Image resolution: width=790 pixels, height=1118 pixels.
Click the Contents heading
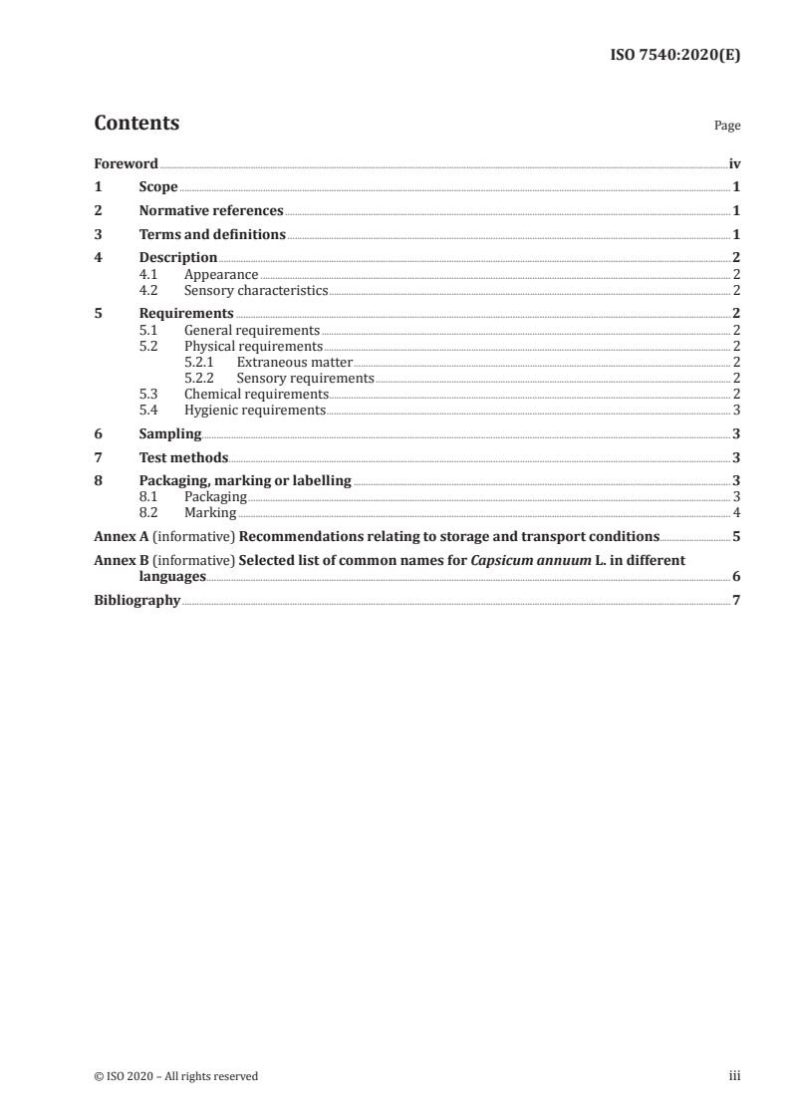tap(136, 124)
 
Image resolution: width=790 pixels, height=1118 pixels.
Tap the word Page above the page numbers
tap(727, 127)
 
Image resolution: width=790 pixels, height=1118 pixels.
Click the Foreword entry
tap(126, 163)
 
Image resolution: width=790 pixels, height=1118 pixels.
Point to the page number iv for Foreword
tap(734, 163)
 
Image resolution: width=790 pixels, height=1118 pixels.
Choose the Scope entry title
tap(158, 187)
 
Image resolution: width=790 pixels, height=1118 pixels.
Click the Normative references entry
tap(211, 211)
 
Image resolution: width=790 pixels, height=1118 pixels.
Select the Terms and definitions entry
tap(212, 235)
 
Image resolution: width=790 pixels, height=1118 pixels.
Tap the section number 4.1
tap(148, 274)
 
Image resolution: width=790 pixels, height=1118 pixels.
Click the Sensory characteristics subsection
tap(256, 290)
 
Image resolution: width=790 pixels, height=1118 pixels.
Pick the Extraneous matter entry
tap(295, 362)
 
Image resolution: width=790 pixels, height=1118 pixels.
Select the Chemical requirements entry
tap(256, 394)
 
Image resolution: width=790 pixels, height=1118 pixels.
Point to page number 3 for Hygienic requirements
tap(735, 410)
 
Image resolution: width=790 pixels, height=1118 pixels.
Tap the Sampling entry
tap(170, 434)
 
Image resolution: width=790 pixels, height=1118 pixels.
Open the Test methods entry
tap(183, 458)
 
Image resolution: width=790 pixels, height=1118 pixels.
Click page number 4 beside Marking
tap(735, 513)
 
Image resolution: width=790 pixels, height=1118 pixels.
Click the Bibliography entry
tap(136, 601)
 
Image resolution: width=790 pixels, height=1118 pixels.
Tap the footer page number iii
tap(734, 1076)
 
